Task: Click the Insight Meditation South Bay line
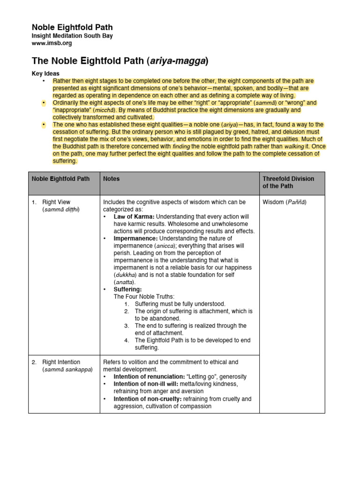tap(72, 36)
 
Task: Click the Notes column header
tap(112, 179)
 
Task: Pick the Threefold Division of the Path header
tap(288, 182)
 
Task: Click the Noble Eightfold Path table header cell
tap(60, 179)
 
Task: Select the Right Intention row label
tap(61, 362)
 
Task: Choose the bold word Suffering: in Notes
tap(127, 289)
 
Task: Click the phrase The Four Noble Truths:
tap(143, 296)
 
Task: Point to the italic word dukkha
tap(124, 275)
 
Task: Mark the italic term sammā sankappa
tap(67, 369)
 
